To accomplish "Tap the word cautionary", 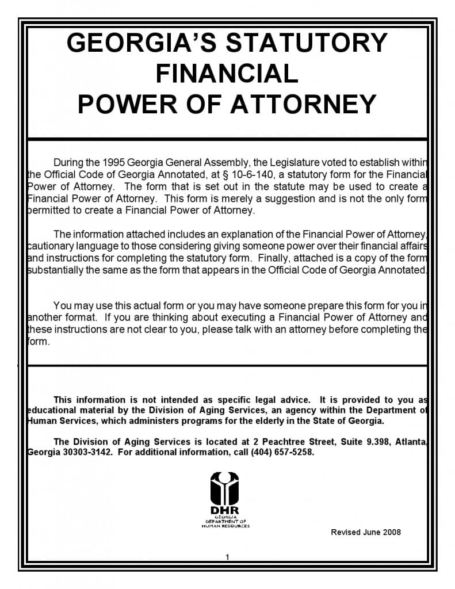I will [x=51, y=246].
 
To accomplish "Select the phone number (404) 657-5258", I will [x=282, y=452].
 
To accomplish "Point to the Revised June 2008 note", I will [x=365, y=532].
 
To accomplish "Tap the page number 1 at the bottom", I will [x=228, y=557].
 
